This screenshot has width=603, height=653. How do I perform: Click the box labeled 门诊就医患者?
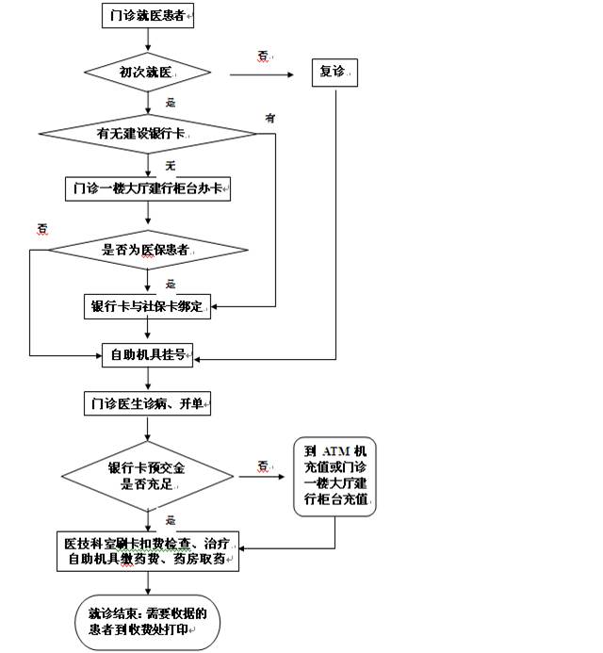[x=148, y=16]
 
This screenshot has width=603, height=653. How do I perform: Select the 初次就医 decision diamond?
[x=148, y=71]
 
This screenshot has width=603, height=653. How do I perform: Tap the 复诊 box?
[x=334, y=72]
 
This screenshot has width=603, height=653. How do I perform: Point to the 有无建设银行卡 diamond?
[x=148, y=134]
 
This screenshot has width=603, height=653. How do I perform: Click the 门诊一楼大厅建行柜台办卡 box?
[x=148, y=188]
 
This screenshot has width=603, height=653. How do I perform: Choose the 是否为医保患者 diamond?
[x=148, y=251]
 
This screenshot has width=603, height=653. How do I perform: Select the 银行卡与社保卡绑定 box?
[x=148, y=306]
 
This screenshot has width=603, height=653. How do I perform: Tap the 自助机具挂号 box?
[x=148, y=356]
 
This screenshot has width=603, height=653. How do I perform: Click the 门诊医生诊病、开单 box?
[x=148, y=405]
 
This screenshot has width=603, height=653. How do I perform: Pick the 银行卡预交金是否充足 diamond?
[x=148, y=477]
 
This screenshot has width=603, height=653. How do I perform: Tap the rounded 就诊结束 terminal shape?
[x=148, y=621]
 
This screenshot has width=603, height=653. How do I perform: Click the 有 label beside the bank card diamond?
[x=270, y=118]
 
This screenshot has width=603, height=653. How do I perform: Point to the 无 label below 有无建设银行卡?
[x=171, y=166]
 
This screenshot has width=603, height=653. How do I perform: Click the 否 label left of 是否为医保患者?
[x=42, y=228]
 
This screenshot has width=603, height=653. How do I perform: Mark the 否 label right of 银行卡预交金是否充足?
[x=263, y=465]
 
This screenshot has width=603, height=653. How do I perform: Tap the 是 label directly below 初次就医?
[x=171, y=102]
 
